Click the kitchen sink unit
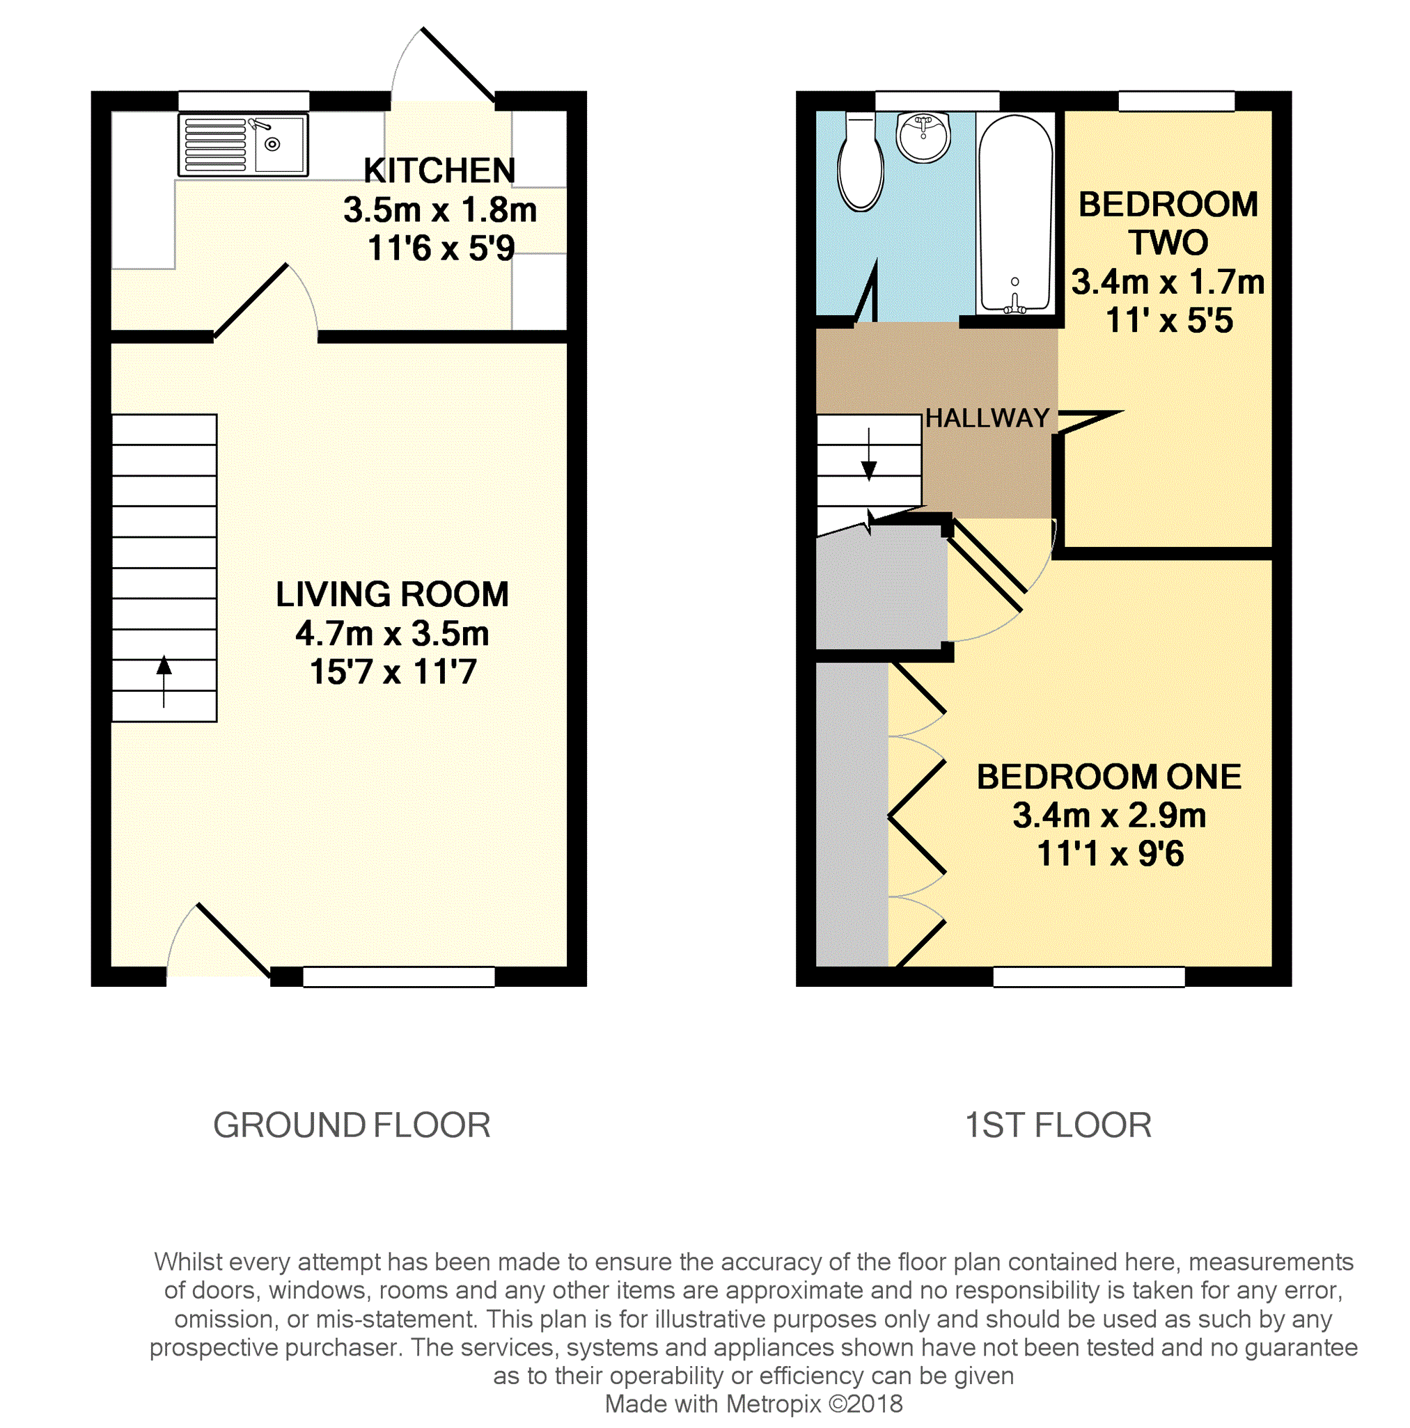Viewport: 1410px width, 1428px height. [x=242, y=145]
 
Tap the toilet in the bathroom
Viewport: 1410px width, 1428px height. [x=860, y=163]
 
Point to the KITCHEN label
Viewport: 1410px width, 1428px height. [x=439, y=170]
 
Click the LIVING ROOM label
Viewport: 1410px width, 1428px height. [x=392, y=594]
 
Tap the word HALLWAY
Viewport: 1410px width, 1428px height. [x=987, y=418]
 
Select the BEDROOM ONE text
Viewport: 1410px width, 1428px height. [x=1109, y=777]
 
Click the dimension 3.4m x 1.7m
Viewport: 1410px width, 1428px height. [x=1168, y=282]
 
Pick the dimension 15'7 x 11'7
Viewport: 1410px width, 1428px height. [x=393, y=672]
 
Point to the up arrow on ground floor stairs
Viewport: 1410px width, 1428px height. [x=164, y=681]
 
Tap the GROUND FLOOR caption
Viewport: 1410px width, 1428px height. [x=352, y=1125]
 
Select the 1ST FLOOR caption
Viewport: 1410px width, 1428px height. [x=1058, y=1125]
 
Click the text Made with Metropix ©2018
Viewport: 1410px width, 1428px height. [x=753, y=1404]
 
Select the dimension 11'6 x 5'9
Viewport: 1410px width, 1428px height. [x=441, y=248]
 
